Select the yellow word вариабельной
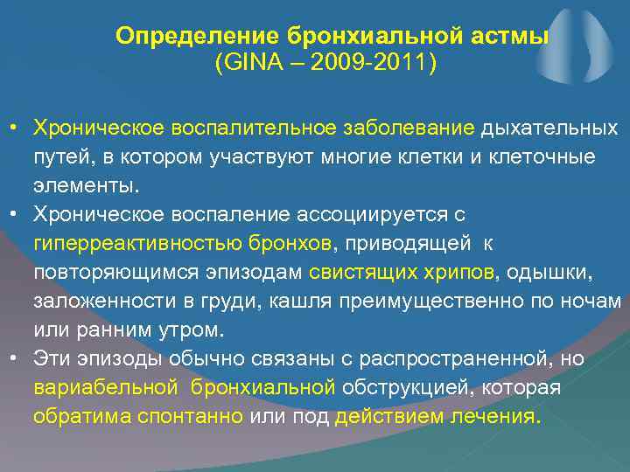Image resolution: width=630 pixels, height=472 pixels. [105, 386]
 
